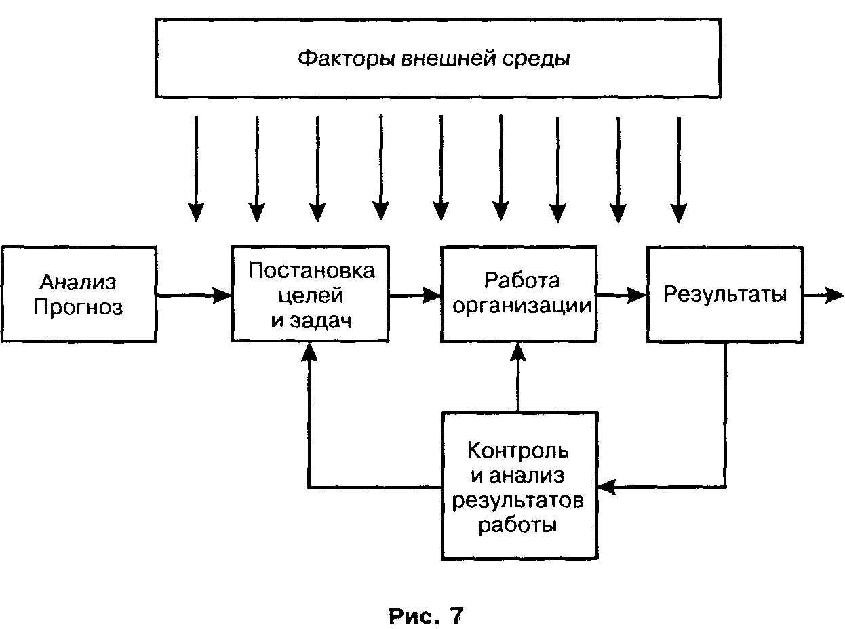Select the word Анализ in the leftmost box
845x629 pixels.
pyautogui.click(x=78, y=281)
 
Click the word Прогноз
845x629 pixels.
pyautogui.click(x=78, y=308)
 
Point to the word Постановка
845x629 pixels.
pyautogui.click(x=311, y=270)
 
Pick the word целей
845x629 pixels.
pyautogui.click(x=311, y=296)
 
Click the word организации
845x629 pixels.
pyautogui.click(x=522, y=305)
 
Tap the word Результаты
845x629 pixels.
pyautogui.click(x=725, y=294)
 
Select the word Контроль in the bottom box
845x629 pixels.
pyautogui.click(x=518, y=451)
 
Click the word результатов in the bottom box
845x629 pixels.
pyautogui.click(x=518, y=501)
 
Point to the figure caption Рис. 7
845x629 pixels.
pyautogui.click(x=426, y=615)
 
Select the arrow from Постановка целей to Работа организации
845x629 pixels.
pyautogui.click(x=415, y=295)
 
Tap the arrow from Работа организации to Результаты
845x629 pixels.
pyautogui.click(x=621, y=295)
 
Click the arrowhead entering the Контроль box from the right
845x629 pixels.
pyautogui.click(x=606, y=486)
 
